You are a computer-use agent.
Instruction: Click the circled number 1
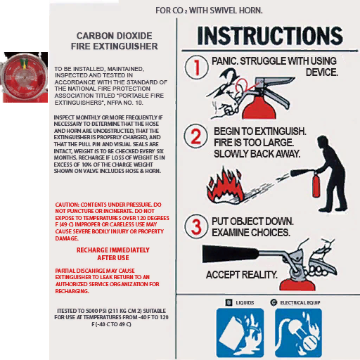coord(197,67)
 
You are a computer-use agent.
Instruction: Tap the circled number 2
coord(195,136)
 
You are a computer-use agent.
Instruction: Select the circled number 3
coord(196,226)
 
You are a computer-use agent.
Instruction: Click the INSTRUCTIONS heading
coord(270,36)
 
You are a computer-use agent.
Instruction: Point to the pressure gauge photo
coord(24,77)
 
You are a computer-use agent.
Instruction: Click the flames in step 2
coord(225,186)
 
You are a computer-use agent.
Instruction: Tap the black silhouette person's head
coord(323,141)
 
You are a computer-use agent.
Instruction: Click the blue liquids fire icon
coord(240,333)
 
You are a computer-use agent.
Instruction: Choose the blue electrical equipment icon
coord(298,333)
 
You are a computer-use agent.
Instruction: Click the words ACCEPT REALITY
coord(242,275)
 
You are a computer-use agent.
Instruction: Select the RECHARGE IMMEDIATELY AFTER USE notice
coord(113,254)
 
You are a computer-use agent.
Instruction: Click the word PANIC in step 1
coord(225,61)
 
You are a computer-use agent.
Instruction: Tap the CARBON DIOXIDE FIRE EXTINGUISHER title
coord(115,41)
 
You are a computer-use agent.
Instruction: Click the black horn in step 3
coord(231,254)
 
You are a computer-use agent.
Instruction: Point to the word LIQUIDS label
coord(245,302)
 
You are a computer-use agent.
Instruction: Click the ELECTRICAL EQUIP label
coord(300,302)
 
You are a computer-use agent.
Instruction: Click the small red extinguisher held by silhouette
coord(316,185)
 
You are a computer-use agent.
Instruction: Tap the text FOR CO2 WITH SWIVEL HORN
coord(209,11)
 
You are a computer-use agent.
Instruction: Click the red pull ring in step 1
coord(242,86)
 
